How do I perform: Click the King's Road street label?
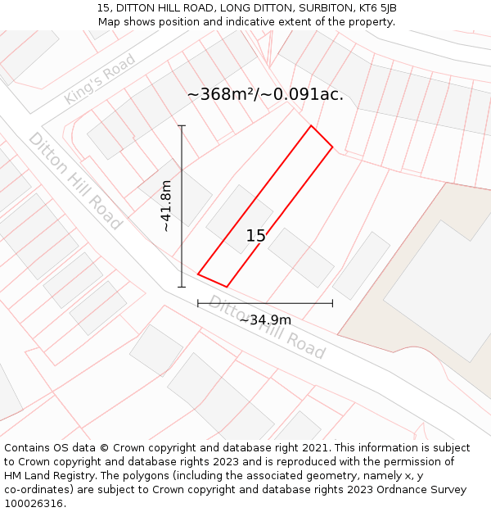(100, 79)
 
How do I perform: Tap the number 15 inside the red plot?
(256, 236)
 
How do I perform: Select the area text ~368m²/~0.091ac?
(265, 94)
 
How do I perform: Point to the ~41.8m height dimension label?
(166, 206)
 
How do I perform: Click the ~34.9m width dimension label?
(265, 319)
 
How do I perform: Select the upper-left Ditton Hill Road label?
(74, 180)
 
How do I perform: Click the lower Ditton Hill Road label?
(267, 327)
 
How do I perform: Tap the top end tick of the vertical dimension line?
(182, 126)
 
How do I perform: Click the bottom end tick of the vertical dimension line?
(182, 287)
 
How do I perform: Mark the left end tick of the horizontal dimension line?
(198, 303)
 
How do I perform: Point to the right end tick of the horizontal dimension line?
(332, 303)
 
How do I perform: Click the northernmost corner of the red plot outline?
(311, 126)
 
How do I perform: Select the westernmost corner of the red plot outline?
(198, 274)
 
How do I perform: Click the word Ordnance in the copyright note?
(412, 490)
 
